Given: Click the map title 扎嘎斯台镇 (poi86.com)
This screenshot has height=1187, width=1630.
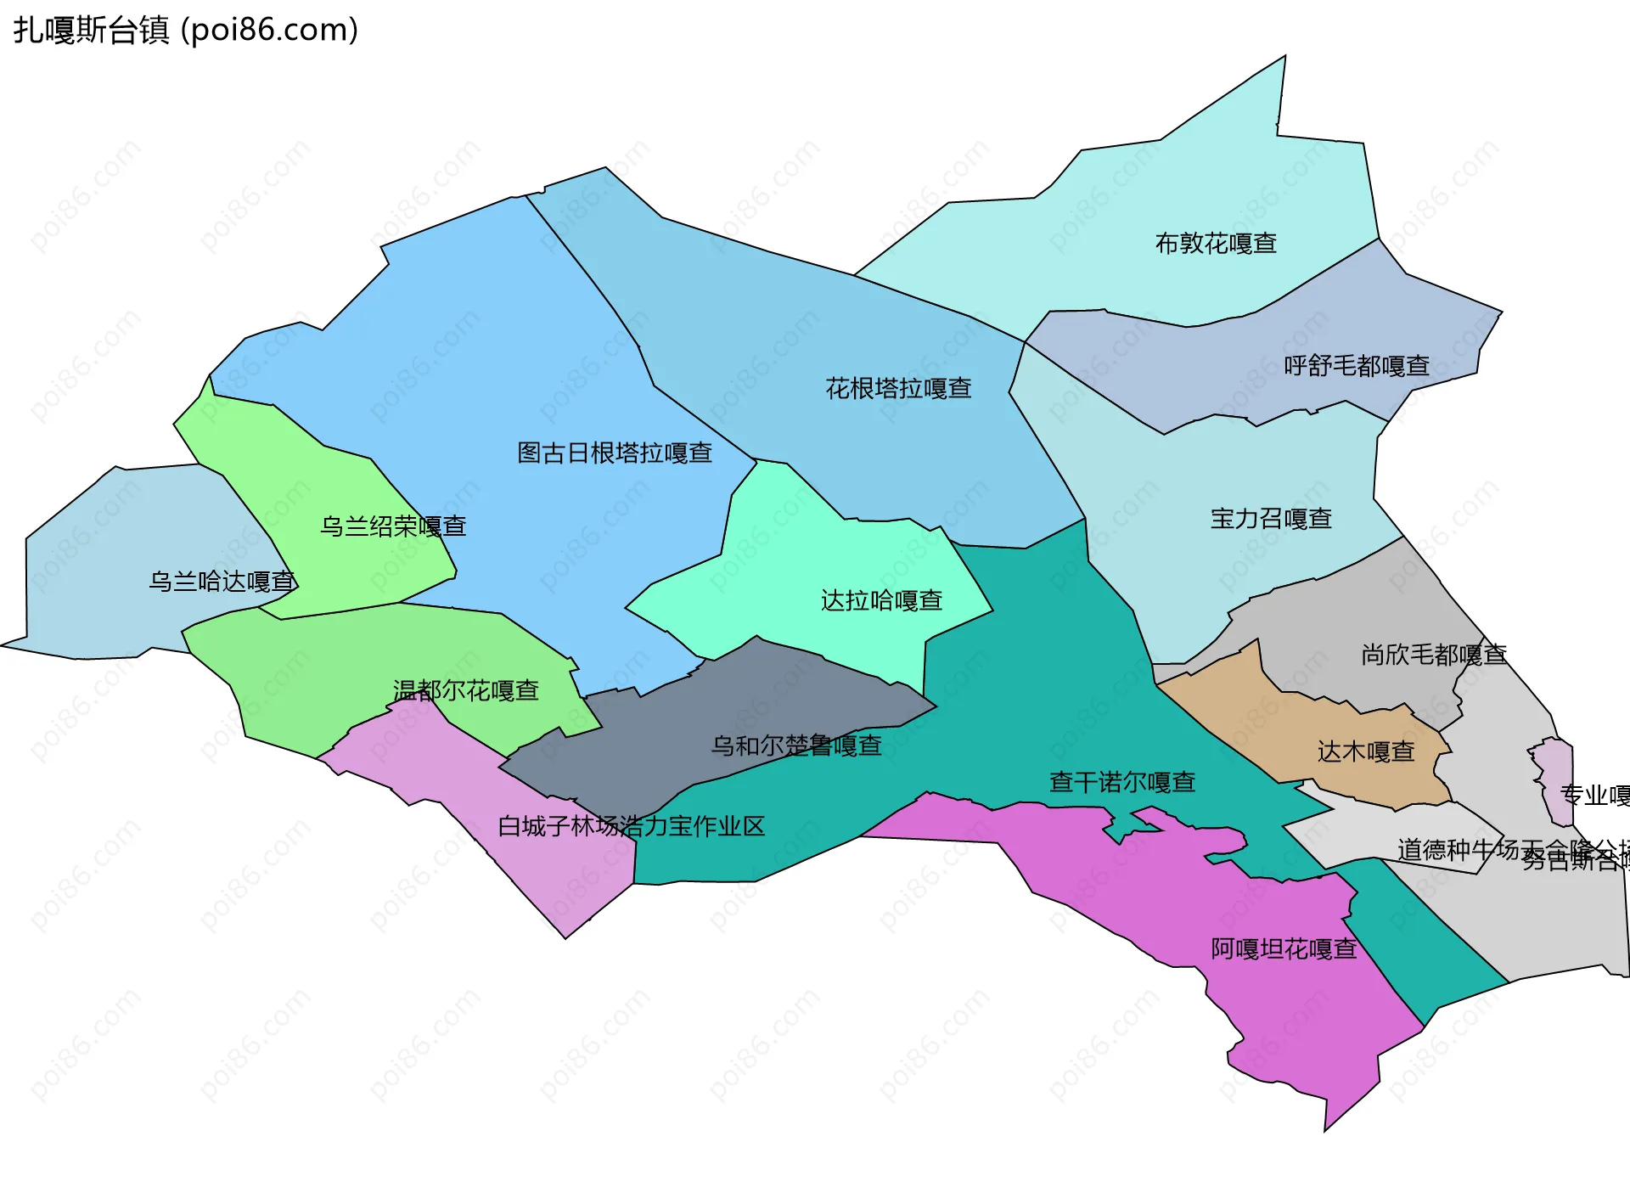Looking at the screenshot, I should [185, 30].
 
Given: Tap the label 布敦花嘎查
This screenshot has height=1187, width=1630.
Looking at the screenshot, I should [1216, 244].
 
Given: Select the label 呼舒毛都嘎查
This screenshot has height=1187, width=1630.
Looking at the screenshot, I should [1356, 366].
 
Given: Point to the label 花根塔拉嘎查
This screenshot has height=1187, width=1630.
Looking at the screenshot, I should [898, 389].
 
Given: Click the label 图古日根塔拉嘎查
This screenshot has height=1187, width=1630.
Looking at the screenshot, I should [615, 453].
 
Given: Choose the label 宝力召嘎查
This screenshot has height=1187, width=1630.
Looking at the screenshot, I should [1270, 519].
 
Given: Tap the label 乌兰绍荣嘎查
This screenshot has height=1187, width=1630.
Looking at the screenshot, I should [393, 526].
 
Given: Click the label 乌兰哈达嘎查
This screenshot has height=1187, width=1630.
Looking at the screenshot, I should [222, 582].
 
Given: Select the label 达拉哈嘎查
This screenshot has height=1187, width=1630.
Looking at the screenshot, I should [881, 601].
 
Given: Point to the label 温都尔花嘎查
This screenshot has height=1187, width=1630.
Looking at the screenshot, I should [466, 691].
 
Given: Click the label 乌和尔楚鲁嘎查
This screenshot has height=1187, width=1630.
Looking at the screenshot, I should [796, 746].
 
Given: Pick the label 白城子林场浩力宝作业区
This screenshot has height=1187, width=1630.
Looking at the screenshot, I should [631, 826].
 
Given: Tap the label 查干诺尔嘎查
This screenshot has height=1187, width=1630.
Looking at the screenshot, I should [1122, 782].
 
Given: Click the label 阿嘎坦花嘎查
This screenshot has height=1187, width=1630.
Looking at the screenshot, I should [1284, 949].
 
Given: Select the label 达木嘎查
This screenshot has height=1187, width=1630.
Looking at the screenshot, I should [1366, 751].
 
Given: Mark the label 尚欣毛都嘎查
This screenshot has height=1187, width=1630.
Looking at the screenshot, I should [1434, 655].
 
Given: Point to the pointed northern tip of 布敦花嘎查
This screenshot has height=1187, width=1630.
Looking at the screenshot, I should [1284, 59].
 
